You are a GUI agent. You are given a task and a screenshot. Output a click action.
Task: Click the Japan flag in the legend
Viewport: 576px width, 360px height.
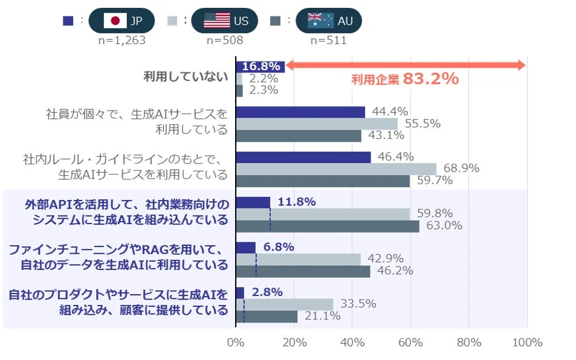tap(115, 21)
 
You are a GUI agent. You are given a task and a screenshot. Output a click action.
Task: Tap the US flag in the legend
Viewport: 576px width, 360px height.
tap(216, 21)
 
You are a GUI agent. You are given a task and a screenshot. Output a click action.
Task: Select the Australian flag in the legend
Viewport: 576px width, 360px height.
tap(320, 21)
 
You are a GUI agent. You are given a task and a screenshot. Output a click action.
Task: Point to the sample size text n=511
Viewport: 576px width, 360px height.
tap(328, 40)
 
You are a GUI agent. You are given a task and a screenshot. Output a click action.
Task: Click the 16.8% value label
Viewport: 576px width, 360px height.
tap(261, 66)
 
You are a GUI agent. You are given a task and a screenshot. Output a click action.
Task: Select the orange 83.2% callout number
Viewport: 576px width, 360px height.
tap(430, 79)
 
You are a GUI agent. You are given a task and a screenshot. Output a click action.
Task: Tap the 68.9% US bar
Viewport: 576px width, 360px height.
tap(335, 169)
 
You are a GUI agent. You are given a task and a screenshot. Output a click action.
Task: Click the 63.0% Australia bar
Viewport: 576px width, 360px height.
tap(327, 226)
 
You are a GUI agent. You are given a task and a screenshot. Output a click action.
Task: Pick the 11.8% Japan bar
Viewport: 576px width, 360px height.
tap(253, 203)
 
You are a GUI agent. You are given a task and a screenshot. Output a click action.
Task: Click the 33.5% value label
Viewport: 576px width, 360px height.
tap(360, 304)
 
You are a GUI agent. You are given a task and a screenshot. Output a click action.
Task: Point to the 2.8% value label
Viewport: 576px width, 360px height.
tap(267, 292)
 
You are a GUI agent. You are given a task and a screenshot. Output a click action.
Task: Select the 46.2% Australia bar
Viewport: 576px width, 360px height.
tap(303, 271)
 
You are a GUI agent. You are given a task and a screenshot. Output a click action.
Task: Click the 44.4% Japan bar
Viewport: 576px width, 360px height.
tap(300, 112)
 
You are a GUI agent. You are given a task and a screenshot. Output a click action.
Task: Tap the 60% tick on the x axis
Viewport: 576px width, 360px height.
tap(410, 342)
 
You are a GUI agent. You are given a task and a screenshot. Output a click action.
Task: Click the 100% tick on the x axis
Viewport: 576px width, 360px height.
tap(526, 342)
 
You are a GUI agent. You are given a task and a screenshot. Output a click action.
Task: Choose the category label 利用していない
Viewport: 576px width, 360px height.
tap(185, 77)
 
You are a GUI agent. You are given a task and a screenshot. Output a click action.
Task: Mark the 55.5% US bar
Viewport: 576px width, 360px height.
tap(316, 124)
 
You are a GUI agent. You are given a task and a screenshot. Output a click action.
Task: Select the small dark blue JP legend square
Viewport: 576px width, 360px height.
tap(68, 21)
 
